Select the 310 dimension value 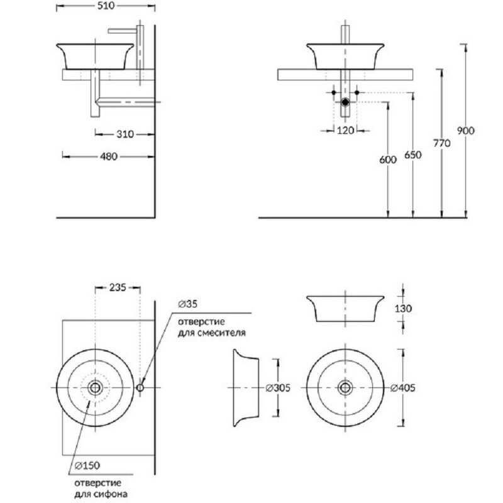[x=124, y=134]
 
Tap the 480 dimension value [x=109, y=157]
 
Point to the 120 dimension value [x=345, y=131]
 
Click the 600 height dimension [x=389, y=160]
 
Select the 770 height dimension [x=442, y=144]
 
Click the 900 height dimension [x=465, y=131]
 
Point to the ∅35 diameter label [x=187, y=304]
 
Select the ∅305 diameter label [x=277, y=388]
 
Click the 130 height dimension [x=402, y=309]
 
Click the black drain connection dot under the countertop [x=345, y=101]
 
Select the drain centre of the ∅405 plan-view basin [x=345, y=387]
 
